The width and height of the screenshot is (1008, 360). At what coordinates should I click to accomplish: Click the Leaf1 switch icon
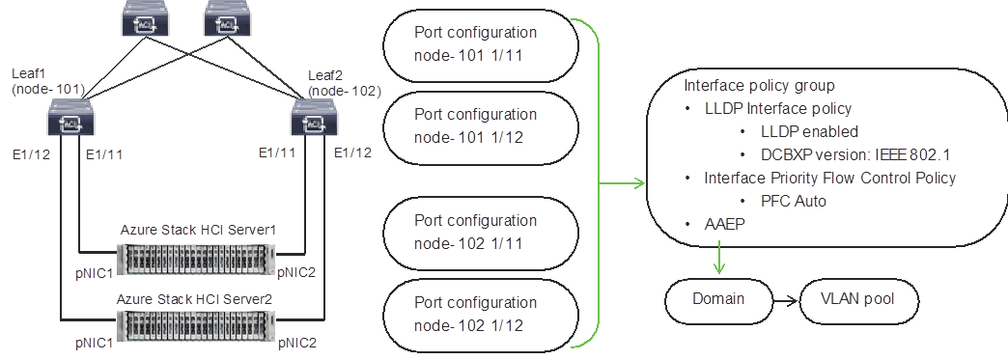(69, 124)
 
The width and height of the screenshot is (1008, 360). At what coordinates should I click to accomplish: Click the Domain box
(718, 299)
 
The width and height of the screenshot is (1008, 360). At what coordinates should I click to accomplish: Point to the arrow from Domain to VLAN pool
(786, 299)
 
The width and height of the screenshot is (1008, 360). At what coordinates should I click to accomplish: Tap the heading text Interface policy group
(759, 85)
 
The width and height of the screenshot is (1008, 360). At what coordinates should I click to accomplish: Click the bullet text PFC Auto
(793, 201)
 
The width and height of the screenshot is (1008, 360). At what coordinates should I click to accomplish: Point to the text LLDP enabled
(809, 131)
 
